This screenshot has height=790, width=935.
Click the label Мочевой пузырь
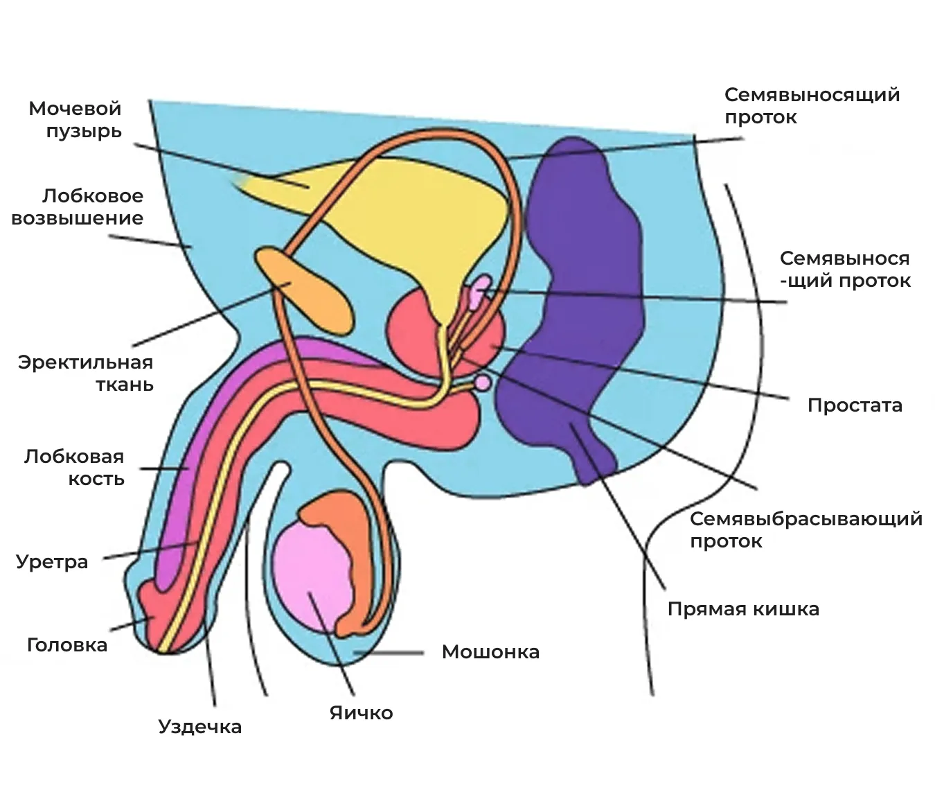point(75,120)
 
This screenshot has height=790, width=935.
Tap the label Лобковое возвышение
point(77,207)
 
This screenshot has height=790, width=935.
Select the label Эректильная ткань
point(85,374)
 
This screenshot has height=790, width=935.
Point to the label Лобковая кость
point(74,468)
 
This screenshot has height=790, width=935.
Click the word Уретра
point(52,562)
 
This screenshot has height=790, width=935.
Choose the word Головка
point(67,644)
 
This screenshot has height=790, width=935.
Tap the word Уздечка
point(199,727)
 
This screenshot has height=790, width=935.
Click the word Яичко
point(361,712)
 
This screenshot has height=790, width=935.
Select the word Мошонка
point(490,651)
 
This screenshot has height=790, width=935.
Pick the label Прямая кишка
point(743,609)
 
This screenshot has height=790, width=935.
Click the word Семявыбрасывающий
point(806,519)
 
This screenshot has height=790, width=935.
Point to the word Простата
point(855,405)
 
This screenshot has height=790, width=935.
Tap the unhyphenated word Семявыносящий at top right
point(812,95)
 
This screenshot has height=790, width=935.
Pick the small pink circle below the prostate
point(483,383)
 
